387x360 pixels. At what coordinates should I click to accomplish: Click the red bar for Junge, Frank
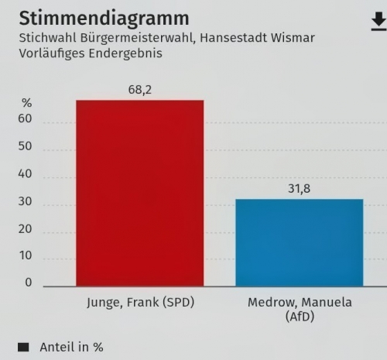click(139, 193)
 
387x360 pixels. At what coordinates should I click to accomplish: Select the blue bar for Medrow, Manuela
click(300, 242)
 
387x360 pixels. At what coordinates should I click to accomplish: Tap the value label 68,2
click(140, 90)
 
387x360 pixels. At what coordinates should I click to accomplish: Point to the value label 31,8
click(300, 189)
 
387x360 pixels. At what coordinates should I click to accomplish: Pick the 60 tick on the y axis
click(26, 120)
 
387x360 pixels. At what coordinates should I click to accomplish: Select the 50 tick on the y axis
click(26, 147)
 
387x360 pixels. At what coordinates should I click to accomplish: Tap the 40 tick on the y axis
click(26, 174)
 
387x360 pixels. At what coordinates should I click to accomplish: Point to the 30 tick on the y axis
click(26, 201)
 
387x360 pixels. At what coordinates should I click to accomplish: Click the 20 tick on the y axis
click(26, 228)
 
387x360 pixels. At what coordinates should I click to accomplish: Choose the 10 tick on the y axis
click(26, 255)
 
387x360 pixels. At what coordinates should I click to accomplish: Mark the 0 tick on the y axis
click(29, 283)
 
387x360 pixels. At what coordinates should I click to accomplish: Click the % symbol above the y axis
click(26, 103)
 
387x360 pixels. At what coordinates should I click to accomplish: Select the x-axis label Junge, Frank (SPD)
click(140, 303)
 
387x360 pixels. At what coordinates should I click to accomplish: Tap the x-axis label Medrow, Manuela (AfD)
click(300, 309)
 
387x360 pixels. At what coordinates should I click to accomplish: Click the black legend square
click(22, 348)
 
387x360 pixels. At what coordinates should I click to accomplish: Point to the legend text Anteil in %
click(71, 348)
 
